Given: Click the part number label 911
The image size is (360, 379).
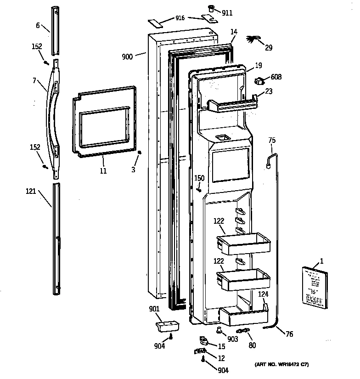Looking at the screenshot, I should (x=227, y=13).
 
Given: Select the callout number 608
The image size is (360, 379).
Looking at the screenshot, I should (x=276, y=77).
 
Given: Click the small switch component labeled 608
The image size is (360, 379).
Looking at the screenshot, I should (x=259, y=82).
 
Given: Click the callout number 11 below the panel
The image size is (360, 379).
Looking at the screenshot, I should (x=103, y=171).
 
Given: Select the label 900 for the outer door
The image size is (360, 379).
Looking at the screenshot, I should (x=127, y=57).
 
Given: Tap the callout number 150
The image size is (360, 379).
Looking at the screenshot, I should (x=199, y=178).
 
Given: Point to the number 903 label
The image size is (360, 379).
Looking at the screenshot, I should (x=233, y=339).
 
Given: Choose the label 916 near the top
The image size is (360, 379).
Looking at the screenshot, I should (x=180, y=18).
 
